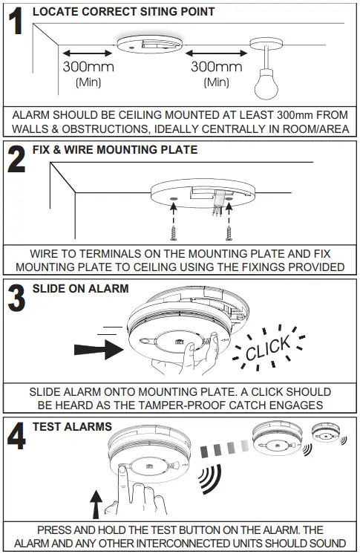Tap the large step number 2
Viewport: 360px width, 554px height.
pyautogui.click(x=17, y=160)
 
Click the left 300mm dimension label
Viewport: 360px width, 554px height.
pyautogui.click(x=88, y=68)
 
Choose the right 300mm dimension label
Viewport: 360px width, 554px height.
pyautogui.click(x=217, y=68)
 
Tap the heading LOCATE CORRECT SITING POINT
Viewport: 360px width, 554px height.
pyautogui.click(x=123, y=12)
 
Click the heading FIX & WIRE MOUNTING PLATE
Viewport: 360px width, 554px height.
pyautogui.click(x=115, y=149)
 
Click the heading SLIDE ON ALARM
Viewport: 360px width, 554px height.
pyautogui.click(x=81, y=288)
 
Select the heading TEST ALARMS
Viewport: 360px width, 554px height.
pyautogui.click(x=72, y=427)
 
